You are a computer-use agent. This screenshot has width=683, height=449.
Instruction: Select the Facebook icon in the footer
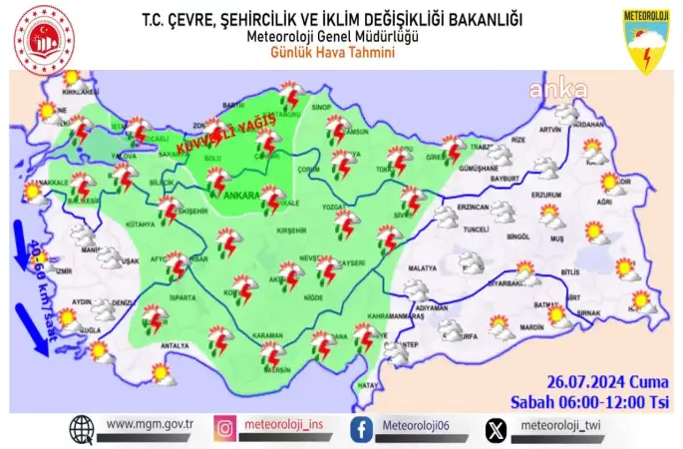tap(361, 429)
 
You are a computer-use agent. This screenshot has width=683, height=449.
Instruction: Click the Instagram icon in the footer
tap(226, 429)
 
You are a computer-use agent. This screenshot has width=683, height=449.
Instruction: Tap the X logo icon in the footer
tap(495, 429)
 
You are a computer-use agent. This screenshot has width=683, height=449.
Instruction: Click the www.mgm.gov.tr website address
tap(149, 424)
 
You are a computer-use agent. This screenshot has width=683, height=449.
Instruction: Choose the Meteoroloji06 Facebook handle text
tap(415, 426)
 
